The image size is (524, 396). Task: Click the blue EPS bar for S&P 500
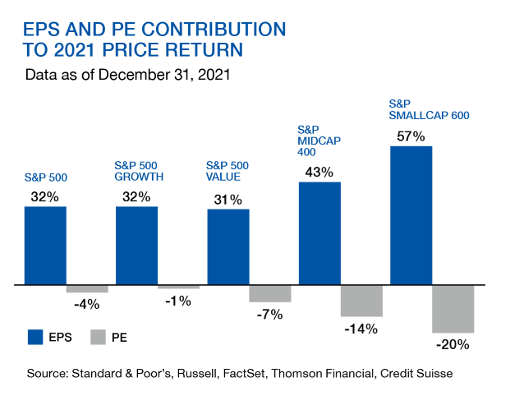point(45,245)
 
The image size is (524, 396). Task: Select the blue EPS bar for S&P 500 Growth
point(137,245)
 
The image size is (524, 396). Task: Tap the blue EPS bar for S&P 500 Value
point(228,246)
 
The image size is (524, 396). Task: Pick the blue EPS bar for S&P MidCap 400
point(319,233)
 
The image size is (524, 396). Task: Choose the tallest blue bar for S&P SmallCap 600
point(411,215)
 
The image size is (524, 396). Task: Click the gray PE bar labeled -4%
point(87,289)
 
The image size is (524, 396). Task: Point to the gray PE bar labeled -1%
point(178,287)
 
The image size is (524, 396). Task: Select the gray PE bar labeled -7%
point(270,293)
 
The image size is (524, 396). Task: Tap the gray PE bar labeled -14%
point(361,301)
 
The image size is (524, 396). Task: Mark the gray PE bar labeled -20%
point(453,309)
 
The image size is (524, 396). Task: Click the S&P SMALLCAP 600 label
point(428,110)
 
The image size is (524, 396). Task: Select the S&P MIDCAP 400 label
point(319,140)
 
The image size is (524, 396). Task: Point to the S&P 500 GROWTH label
point(139,171)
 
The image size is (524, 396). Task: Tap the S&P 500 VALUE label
point(227,171)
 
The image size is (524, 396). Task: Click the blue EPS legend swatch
point(35,337)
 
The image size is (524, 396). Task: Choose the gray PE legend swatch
point(99,337)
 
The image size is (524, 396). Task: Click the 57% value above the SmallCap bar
point(411,136)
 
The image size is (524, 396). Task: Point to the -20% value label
point(453,344)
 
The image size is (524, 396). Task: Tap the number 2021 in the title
point(79,50)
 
